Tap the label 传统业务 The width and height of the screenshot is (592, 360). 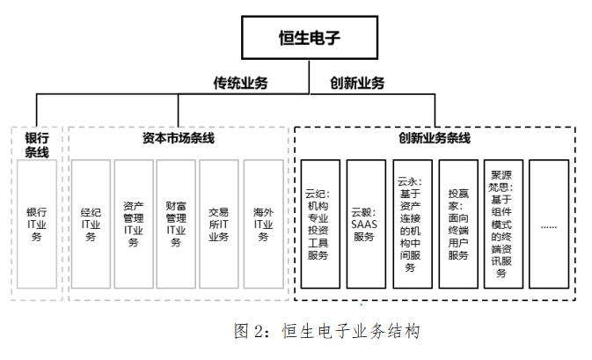[240, 84]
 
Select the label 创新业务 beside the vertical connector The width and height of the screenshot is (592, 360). [357, 84]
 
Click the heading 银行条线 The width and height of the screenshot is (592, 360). [36, 145]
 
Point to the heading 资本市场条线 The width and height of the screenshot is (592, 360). [178, 138]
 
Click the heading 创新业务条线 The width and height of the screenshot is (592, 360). [435, 138]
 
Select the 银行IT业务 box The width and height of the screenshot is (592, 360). [36, 224]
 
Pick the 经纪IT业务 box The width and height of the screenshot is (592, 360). [90, 224]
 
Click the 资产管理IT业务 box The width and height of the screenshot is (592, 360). [134, 224]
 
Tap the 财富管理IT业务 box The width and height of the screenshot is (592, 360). [177, 224]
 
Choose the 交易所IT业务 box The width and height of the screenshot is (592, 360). [220, 224]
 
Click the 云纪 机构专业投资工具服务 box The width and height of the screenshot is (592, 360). [320, 224]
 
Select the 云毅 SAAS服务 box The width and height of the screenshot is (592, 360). [365, 224]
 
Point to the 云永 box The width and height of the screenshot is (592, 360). [411, 224]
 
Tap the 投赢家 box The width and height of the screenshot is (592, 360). [457, 224]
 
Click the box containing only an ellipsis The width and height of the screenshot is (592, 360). [549, 224]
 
